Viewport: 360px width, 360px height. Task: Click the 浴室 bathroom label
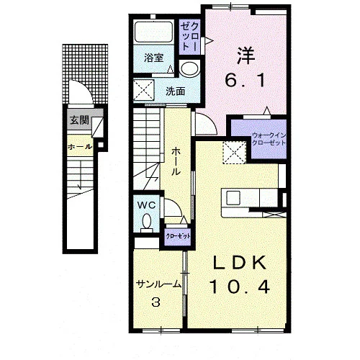click(x=154, y=58)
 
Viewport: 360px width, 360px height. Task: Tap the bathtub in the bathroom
click(x=154, y=32)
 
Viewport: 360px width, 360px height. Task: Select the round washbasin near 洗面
click(x=190, y=68)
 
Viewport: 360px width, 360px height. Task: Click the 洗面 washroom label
click(x=176, y=91)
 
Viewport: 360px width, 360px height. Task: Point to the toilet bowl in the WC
click(x=147, y=221)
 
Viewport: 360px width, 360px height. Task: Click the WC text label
click(x=146, y=205)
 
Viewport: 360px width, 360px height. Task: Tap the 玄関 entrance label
click(x=79, y=120)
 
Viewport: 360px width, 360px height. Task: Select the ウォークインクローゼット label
click(x=269, y=139)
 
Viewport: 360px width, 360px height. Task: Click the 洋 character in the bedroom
click(x=246, y=55)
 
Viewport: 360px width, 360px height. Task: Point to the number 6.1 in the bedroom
click(x=246, y=81)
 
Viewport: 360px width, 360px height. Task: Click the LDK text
click(x=240, y=262)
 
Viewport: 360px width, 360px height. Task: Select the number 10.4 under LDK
click(x=240, y=287)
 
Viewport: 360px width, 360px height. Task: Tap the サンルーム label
click(x=158, y=284)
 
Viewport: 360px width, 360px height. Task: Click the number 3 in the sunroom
click(x=156, y=302)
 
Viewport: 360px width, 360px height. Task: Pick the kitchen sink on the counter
click(x=233, y=198)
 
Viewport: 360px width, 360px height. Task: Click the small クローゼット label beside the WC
click(x=179, y=236)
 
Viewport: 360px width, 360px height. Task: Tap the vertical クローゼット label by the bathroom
click(x=189, y=36)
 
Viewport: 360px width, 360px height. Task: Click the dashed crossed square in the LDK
click(x=235, y=153)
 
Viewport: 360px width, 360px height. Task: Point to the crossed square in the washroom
click(x=144, y=90)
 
